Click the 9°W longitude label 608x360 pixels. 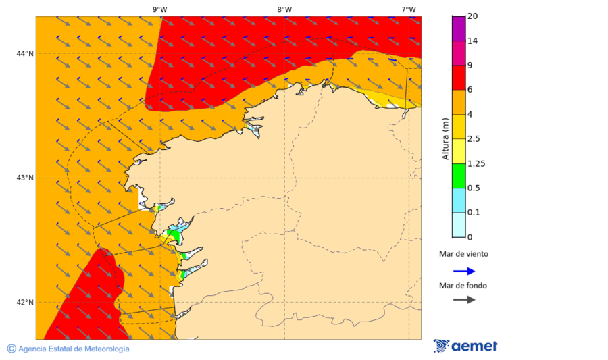coord(159,9)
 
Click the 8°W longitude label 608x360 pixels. coord(284,9)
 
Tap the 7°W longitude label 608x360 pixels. coord(408,9)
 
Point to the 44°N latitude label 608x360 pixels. coord(25,53)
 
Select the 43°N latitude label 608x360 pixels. coord(25,178)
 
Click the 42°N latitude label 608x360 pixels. coord(25,302)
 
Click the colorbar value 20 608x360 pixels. coord(473,16)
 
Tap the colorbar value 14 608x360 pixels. coord(473,41)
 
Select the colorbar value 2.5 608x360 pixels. coord(475,139)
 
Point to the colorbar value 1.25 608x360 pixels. coord(477,163)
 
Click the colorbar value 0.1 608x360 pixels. coord(475,213)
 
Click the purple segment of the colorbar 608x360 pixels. coord(458,28)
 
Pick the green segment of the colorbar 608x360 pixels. coord(458,176)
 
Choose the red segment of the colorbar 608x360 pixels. coord(458,78)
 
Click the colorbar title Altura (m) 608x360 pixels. coord(445,139)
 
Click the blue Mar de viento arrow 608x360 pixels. coord(463,271)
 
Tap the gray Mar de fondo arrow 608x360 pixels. coord(463,299)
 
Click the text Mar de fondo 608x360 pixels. coord(463,285)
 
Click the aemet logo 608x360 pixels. coord(465,346)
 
